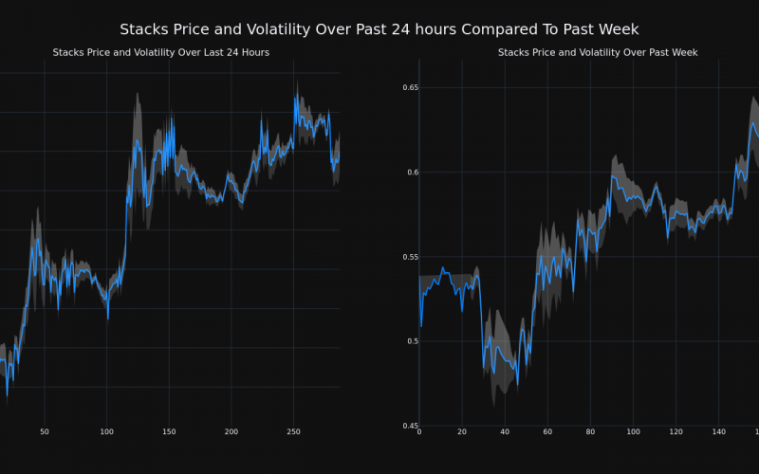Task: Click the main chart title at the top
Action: click(x=379, y=29)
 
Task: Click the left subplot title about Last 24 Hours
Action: click(x=161, y=52)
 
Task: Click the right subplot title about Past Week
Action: click(x=598, y=52)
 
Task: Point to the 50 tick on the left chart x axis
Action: click(x=45, y=432)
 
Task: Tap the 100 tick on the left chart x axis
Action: click(x=106, y=432)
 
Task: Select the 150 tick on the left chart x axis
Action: click(x=169, y=432)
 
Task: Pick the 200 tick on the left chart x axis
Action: click(x=231, y=432)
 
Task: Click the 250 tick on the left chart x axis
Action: click(x=293, y=432)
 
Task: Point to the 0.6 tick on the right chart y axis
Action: click(x=409, y=172)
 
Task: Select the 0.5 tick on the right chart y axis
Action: click(x=409, y=341)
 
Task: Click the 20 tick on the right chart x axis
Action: click(x=462, y=432)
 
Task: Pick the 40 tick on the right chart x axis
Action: click(x=505, y=432)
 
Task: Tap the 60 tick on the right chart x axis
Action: click(x=547, y=432)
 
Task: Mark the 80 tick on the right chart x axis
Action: click(x=590, y=432)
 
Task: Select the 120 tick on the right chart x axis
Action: click(x=676, y=432)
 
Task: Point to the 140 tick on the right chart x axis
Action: click(x=718, y=432)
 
